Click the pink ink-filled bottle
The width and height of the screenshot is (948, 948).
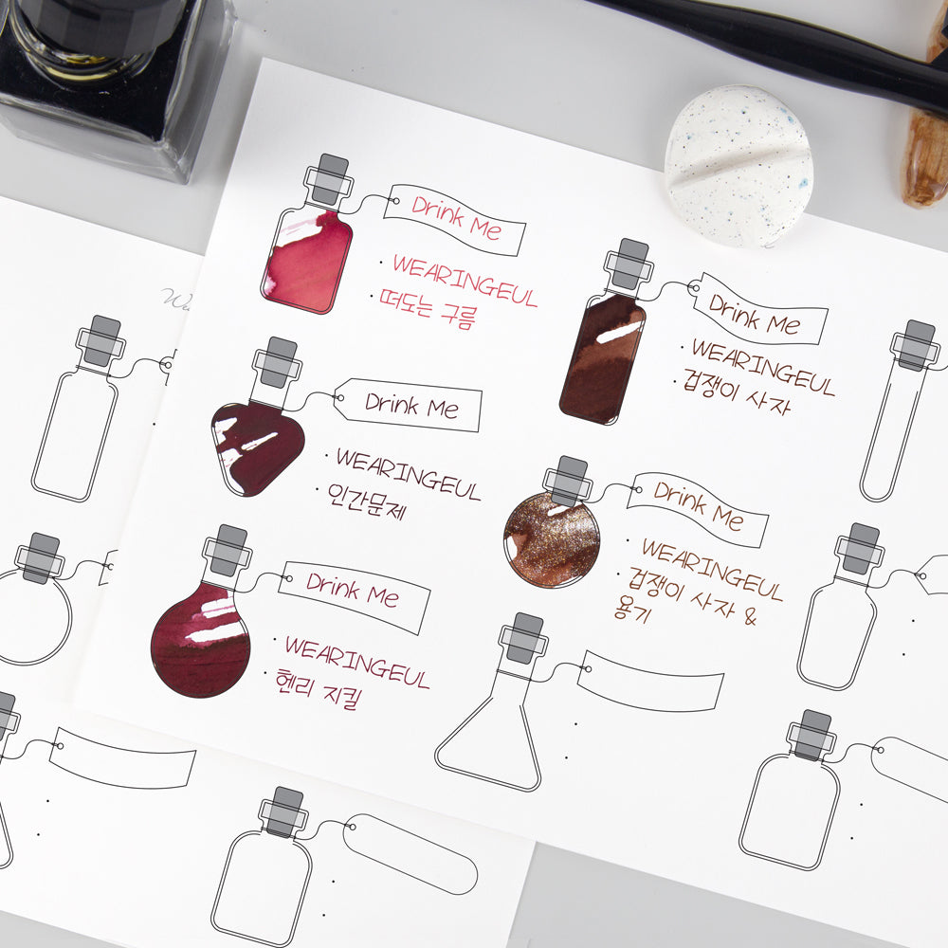pos(305,262)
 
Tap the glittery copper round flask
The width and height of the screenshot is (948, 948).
pos(551,538)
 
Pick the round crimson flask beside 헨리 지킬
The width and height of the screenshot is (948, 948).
pos(200,639)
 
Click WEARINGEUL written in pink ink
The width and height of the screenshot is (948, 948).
pos(465,281)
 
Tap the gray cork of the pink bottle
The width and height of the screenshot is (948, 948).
pos(329,178)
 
